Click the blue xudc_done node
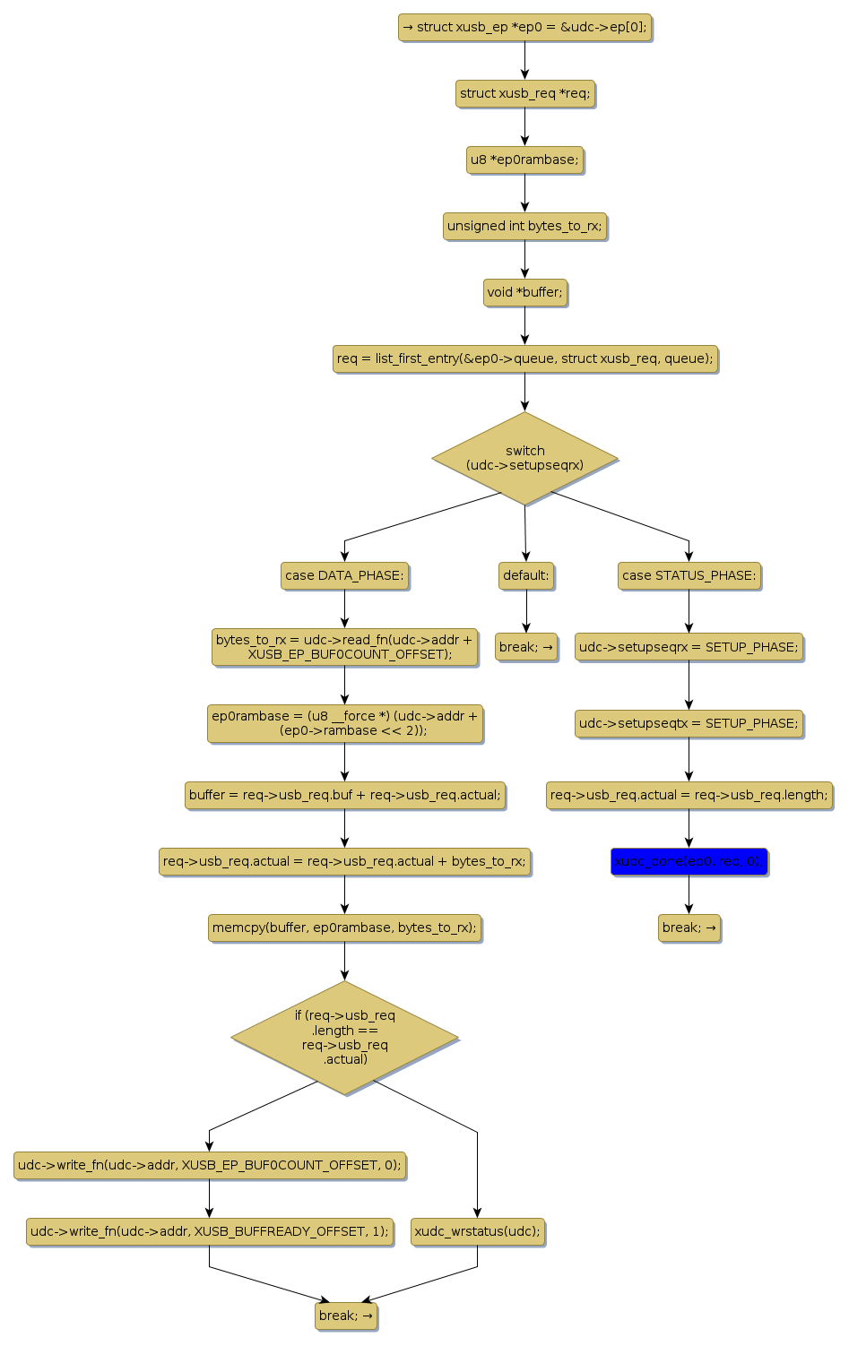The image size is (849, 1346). (x=689, y=862)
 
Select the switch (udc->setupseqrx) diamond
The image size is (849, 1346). (x=524, y=458)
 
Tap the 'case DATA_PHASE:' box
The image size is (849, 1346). (x=344, y=575)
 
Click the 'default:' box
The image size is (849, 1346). (x=526, y=575)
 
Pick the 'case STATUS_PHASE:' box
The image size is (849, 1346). (x=689, y=575)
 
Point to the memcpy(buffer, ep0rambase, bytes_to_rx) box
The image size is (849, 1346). (x=344, y=928)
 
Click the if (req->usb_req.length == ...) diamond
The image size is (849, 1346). (x=344, y=1038)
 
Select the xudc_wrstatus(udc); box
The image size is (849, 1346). (x=477, y=1231)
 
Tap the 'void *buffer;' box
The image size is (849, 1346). (x=524, y=292)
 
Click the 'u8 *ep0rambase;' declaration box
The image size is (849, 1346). (x=524, y=160)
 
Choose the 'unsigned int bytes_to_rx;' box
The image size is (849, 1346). (x=524, y=226)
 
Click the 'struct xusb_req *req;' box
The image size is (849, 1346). (x=524, y=93)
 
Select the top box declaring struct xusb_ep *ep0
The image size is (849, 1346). (x=524, y=27)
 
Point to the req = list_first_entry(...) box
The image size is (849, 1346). (x=524, y=358)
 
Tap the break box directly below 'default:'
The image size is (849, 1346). (x=526, y=647)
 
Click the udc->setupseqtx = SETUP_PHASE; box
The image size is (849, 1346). (x=689, y=723)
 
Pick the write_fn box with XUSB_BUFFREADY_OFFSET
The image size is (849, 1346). (x=210, y=1231)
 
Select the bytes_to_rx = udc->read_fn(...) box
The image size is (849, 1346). (x=344, y=647)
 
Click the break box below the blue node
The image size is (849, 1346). (x=689, y=928)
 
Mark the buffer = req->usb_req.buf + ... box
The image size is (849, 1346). (x=344, y=795)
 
